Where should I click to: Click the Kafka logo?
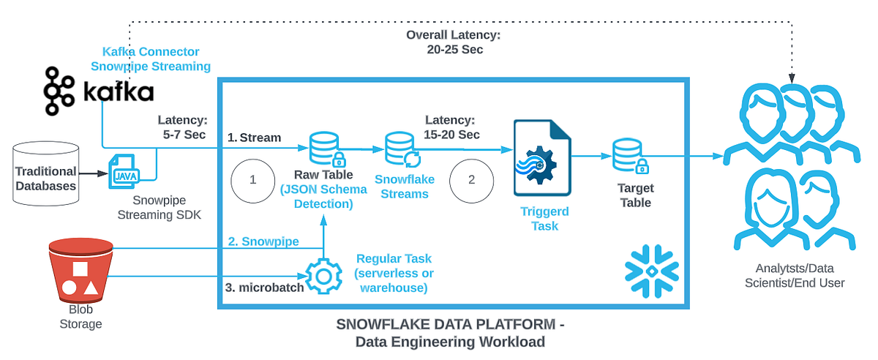98,91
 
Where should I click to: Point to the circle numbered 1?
252,179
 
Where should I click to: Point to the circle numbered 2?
471,179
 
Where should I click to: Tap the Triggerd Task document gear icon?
542,159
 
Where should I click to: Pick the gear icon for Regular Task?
323,277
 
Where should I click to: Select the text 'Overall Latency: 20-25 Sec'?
455,43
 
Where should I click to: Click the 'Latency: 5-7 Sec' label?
183,126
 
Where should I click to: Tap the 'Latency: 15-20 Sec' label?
451,127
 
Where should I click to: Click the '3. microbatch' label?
264,287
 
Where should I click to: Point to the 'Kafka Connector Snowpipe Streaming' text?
156,59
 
